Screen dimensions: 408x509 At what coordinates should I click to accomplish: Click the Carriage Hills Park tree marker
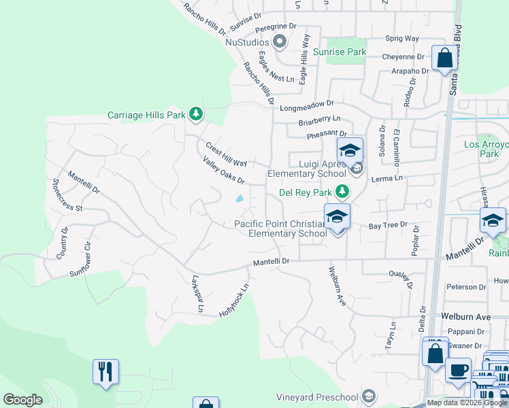(x=196, y=114)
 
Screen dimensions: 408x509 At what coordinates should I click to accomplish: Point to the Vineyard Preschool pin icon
(x=368, y=396)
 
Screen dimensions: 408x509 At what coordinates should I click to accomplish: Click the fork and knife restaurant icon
(x=105, y=372)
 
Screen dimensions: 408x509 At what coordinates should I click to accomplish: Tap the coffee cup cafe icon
(x=458, y=371)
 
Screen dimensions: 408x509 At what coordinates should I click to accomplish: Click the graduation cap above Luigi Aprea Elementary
(x=350, y=150)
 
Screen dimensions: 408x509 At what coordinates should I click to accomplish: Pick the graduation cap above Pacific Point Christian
(x=337, y=217)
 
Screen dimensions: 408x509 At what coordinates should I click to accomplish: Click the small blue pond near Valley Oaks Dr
(x=240, y=199)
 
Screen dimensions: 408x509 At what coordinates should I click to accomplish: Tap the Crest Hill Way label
(x=226, y=154)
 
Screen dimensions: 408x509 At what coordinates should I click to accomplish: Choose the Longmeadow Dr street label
(x=307, y=105)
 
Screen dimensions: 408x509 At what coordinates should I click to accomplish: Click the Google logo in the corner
(x=22, y=400)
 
